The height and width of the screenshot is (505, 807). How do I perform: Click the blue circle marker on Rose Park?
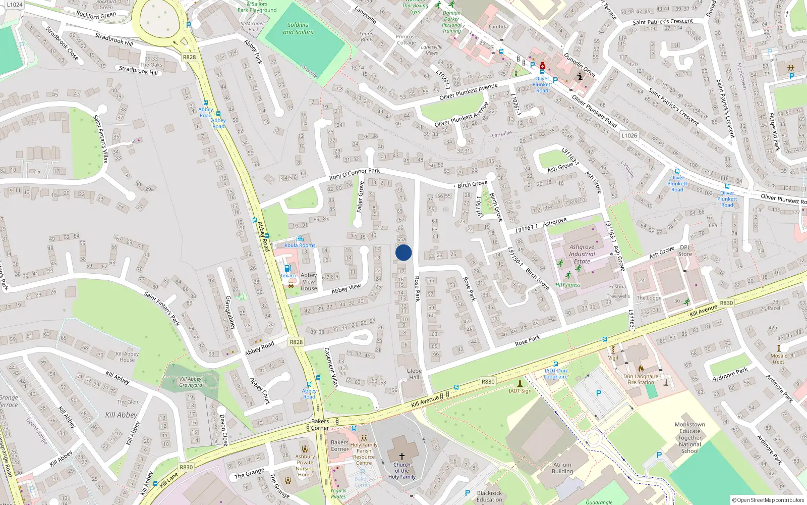403,252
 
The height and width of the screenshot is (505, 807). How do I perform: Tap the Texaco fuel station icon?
287,269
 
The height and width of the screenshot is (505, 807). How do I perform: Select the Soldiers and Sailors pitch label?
298,28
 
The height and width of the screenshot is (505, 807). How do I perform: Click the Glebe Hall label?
414,374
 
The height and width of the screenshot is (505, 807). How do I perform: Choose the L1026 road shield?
629,135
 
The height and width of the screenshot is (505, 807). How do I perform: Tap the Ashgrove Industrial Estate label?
582,254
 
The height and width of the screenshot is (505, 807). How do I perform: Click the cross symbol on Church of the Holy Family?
402,456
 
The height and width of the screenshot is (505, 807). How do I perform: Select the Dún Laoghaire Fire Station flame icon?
641,369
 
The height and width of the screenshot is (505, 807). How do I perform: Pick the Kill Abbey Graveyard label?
191,382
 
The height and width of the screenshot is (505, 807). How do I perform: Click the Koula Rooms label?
300,245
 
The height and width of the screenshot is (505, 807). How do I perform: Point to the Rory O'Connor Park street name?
355,174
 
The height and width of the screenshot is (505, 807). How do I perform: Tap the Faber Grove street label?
360,197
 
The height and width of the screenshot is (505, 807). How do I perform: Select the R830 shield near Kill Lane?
186,467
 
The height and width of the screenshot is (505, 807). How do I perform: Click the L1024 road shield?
15,5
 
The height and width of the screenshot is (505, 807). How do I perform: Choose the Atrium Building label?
562,468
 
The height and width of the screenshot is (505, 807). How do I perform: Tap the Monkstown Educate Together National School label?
690,438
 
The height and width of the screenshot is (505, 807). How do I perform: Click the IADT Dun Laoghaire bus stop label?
556,374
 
